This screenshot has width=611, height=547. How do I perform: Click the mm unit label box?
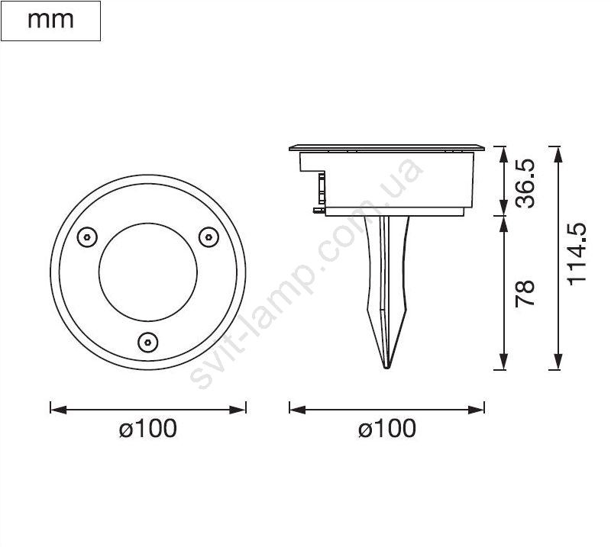point(50,21)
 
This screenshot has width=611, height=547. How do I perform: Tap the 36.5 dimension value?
point(525,183)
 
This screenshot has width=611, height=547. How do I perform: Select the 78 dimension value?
point(525,294)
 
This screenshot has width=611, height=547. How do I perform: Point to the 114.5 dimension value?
point(577,254)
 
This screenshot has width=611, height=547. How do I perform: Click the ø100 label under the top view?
point(148,428)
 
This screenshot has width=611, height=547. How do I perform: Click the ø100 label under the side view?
point(387,428)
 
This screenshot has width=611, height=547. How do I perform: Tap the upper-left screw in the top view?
point(87,236)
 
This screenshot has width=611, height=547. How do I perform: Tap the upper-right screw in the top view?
point(209,236)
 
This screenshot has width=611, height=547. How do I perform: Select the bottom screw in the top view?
point(147,343)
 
